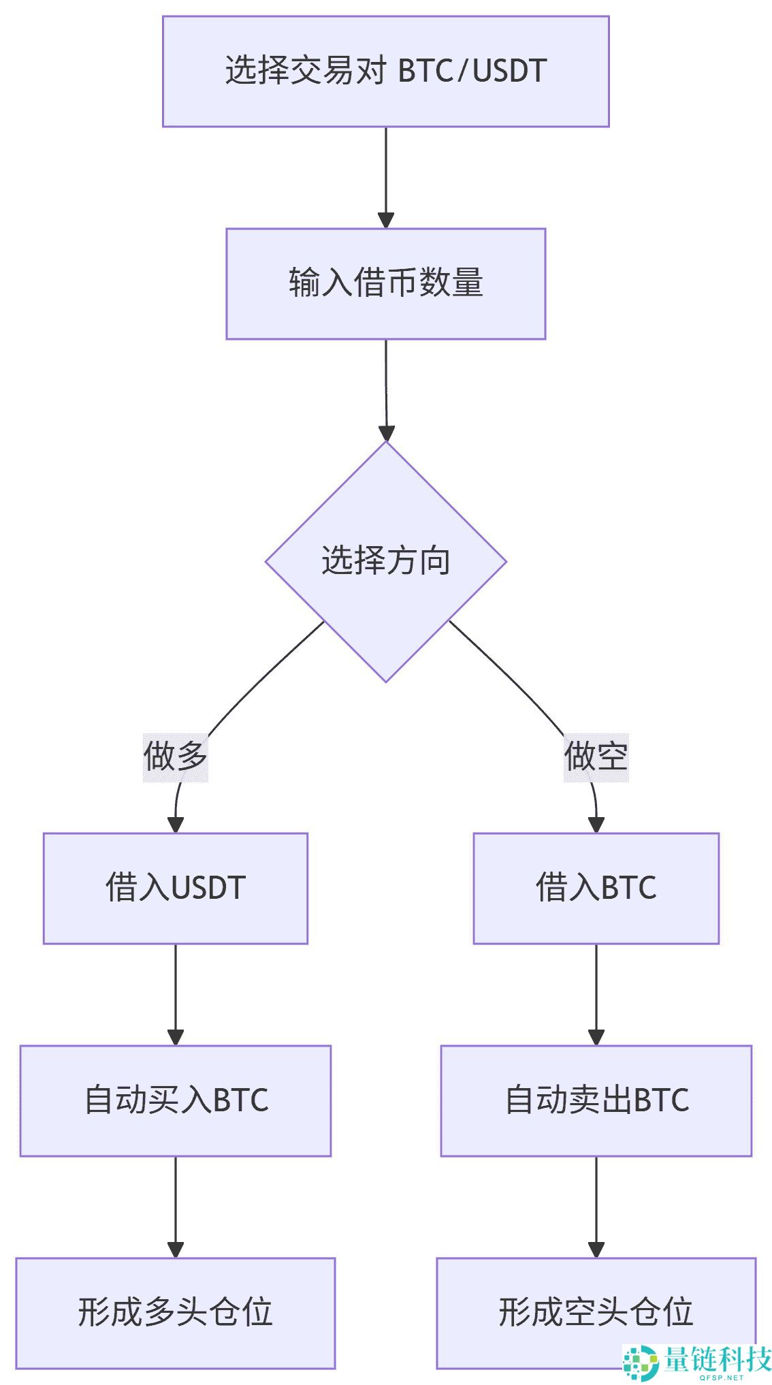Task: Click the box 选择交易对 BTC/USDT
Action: click(385, 71)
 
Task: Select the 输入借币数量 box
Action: click(385, 283)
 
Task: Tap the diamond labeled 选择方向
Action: click(385, 561)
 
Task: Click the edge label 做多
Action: click(175, 757)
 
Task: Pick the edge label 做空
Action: click(596, 757)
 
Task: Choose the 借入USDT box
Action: click(175, 888)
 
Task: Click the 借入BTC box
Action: click(596, 888)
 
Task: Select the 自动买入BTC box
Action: click(175, 1100)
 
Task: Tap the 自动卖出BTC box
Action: click(596, 1100)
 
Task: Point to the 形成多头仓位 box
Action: click(175, 1313)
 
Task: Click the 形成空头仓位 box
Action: click(596, 1313)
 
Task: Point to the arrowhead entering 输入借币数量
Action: click(386, 220)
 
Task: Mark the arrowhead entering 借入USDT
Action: click(176, 825)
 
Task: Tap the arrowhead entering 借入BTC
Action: click(596, 825)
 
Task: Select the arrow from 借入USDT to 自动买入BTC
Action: click(176, 994)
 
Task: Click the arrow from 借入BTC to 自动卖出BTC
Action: click(596, 994)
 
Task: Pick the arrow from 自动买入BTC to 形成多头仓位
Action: click(176, 1207)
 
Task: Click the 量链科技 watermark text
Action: click(716, 1359)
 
